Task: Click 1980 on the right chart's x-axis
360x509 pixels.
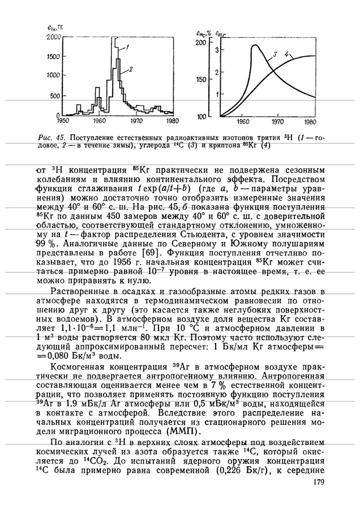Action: pyautogui.click(x=310, y=122)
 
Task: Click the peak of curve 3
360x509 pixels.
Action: pyautogui.click(x=255, y=45)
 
